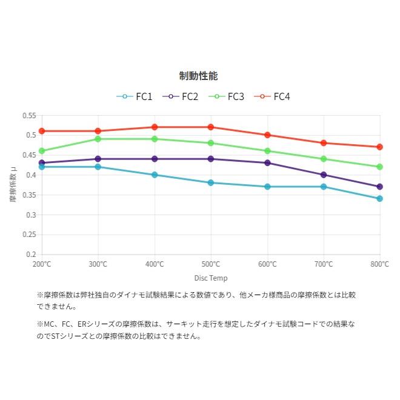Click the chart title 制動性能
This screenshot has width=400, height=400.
click(198, 76)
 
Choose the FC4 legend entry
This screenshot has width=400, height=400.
click(272, 96)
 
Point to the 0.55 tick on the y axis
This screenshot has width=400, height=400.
click(29, 115)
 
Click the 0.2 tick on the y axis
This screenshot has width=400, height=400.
click(31, 255)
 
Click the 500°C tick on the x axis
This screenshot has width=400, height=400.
click(211, 264)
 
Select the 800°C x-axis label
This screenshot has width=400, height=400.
click(379, 264)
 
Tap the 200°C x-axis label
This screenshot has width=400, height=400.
click(42, 264)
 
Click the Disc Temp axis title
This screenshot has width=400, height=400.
click(211, 278)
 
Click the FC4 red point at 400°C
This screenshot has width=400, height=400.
click(155, 127)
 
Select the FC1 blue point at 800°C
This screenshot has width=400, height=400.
click(380, 199)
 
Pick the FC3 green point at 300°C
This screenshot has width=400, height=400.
click(98, 139)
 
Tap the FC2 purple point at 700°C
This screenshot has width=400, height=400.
click(324, 175)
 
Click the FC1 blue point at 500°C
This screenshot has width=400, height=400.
click(211, 182)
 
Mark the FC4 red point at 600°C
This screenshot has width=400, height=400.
click(267, 135)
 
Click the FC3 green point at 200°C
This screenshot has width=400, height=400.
click(42, 151)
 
